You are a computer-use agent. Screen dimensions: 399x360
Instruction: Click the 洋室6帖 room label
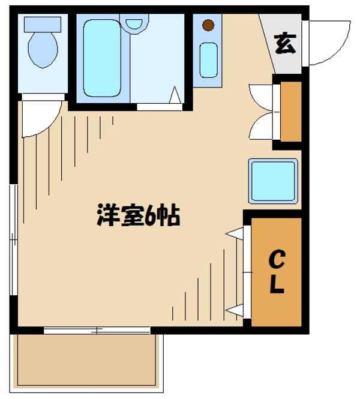pyautogui.click(x=139, y=217)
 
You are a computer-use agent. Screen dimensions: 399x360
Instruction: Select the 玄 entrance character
pyautogui.click(x=285, y=44)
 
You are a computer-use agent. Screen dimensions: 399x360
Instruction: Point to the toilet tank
pyautogui.click(x=43, y=24)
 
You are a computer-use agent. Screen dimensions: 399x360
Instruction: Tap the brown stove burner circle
pyautogui.click(x=208, y=25)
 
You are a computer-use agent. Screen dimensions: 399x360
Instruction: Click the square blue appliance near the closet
pyautogui.click(x=273, y=181)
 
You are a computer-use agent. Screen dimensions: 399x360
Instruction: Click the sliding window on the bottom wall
pyautogui.click(x=96, y=330)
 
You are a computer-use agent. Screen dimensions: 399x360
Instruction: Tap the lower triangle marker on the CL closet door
pyautogui.click(x=233, y=311)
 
